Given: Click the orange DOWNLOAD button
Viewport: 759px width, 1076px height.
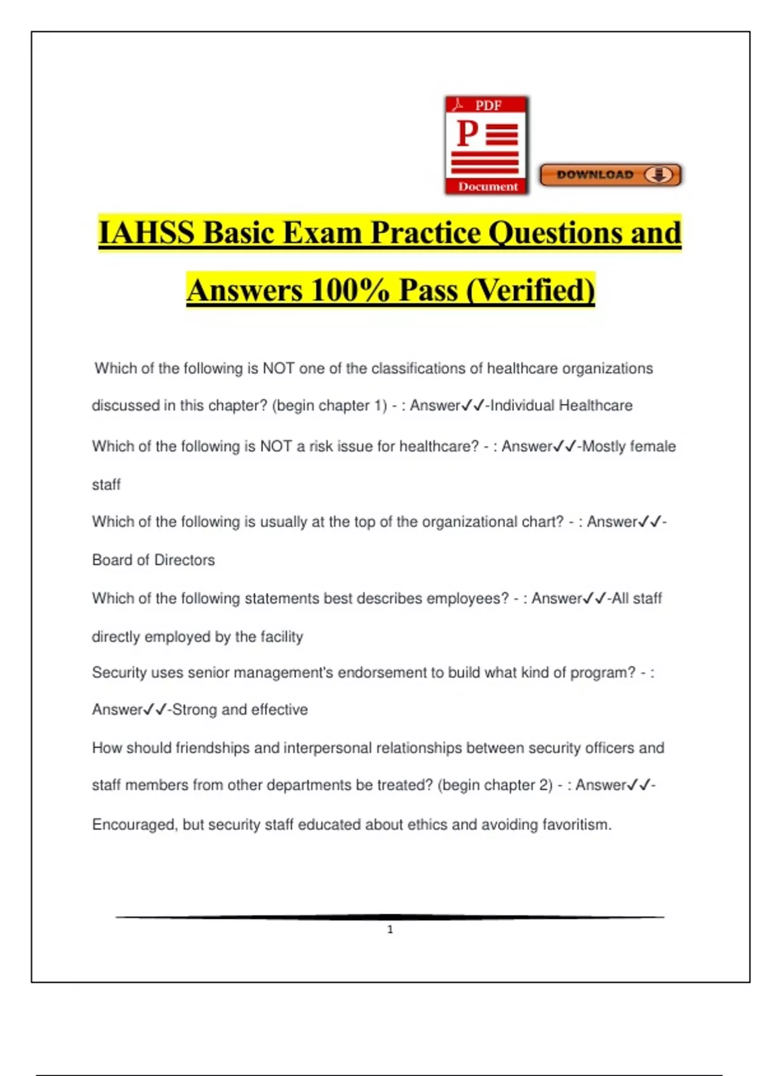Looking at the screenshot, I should [610, 175].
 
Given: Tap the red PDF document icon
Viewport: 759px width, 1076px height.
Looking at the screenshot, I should [486, 146].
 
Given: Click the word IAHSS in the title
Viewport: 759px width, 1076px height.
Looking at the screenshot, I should [147, 233].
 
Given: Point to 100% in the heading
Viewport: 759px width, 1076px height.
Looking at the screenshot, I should [349, 291].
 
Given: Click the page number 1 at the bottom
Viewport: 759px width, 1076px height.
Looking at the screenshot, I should [390, 929].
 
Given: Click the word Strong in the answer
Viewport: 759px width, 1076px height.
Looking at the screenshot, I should [194, 710].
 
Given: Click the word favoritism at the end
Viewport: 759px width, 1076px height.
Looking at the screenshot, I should [576, 825].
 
